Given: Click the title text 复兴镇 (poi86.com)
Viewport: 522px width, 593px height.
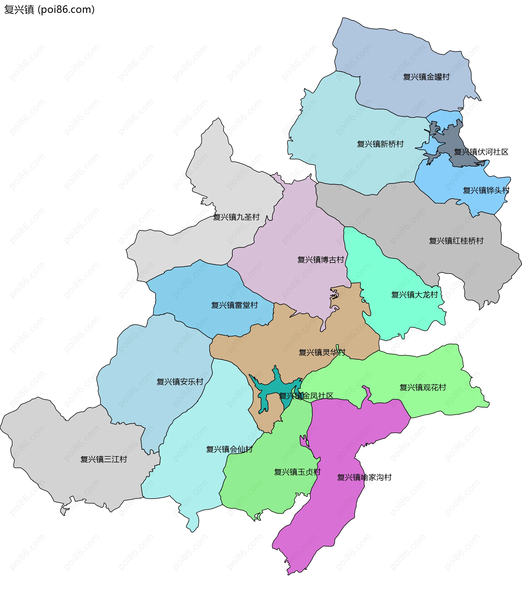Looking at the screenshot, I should (49, 10).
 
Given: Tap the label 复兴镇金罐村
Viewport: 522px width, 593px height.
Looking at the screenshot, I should (426, 77).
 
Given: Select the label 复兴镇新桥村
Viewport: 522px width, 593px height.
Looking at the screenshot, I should (380, 144).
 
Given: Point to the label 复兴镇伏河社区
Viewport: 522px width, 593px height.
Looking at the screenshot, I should (481, 152).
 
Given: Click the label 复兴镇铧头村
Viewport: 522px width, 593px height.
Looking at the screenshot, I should (486, 190).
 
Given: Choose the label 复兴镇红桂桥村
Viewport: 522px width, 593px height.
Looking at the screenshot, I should (456, 241).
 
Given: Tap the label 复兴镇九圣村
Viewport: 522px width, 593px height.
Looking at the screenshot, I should (236, 217).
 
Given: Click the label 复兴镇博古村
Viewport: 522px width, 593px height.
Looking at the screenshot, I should (321, 260).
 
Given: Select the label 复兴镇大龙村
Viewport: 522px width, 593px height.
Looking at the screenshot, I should (414, 295).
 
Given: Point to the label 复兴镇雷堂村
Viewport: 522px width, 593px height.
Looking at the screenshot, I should (234, 305).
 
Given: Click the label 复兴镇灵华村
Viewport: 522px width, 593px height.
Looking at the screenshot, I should (322, 352).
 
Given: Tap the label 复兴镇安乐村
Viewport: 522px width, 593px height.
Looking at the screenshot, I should (180, 381).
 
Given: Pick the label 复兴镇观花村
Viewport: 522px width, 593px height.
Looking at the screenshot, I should (422, 387).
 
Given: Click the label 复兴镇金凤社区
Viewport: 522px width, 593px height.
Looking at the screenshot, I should (306, 396).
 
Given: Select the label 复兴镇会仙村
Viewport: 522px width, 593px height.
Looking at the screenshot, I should (229, 449).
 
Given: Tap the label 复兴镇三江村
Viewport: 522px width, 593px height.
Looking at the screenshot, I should (104, 459).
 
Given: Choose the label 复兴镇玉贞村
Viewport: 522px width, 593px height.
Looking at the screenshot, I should (297, 472).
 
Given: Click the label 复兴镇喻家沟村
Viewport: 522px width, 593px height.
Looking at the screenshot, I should (364, 477).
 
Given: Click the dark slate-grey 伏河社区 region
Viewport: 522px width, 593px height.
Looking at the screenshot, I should (452, 136).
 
